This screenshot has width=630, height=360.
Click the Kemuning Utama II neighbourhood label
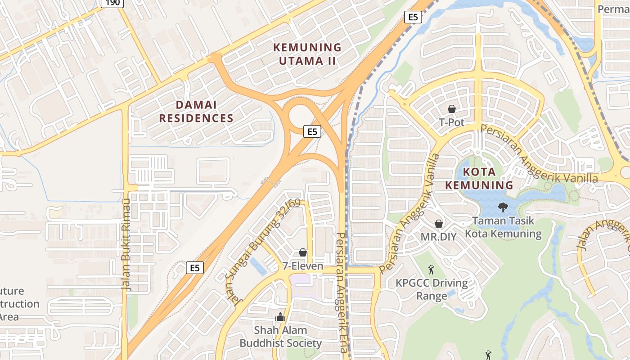pos(307,54)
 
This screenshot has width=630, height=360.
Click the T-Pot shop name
pos(451,122)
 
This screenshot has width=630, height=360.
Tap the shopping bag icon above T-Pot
pos(452,109)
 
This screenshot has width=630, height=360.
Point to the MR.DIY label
pos(438,236)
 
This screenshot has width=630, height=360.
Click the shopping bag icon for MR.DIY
pos(439,224)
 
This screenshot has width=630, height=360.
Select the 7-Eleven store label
pos(303,266)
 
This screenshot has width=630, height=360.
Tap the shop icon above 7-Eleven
pos(303,252)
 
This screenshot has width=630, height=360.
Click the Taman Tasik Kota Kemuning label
pos(503,227)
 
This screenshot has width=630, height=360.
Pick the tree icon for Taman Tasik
pos(503,207)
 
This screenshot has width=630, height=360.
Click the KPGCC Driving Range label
pos(432,289)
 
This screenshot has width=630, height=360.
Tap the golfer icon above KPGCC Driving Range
pos(431,270)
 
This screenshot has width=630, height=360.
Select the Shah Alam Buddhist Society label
pos(280,337)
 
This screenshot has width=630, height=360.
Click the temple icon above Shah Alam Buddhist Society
pos(280,317)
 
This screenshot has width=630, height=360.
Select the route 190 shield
pos(112,3)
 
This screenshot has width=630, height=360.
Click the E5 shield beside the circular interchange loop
pos(312,131)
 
